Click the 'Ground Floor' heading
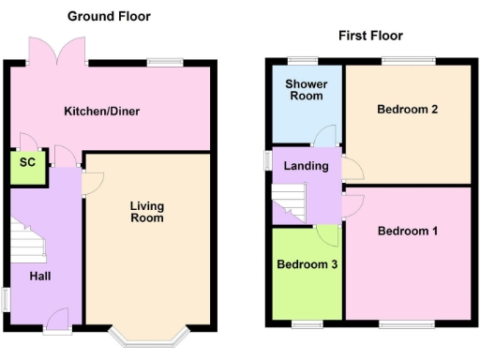click(109, 16)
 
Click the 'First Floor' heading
click(370, 36)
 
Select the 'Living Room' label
click(147, 211)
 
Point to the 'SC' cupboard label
click(28, 162)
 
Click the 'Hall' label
click(39, 276)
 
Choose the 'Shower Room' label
click(305, 89)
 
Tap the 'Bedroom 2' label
click(408, 109)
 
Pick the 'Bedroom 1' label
click(408, 231)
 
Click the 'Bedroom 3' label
click(307, 264)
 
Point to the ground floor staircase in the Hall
click(28, 244)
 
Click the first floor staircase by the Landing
click(290, 202)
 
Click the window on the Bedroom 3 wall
click(307, 324)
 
